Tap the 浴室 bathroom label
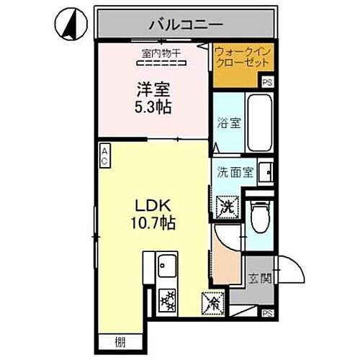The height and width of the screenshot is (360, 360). (228, 123)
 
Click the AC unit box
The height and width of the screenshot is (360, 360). (104, 156)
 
